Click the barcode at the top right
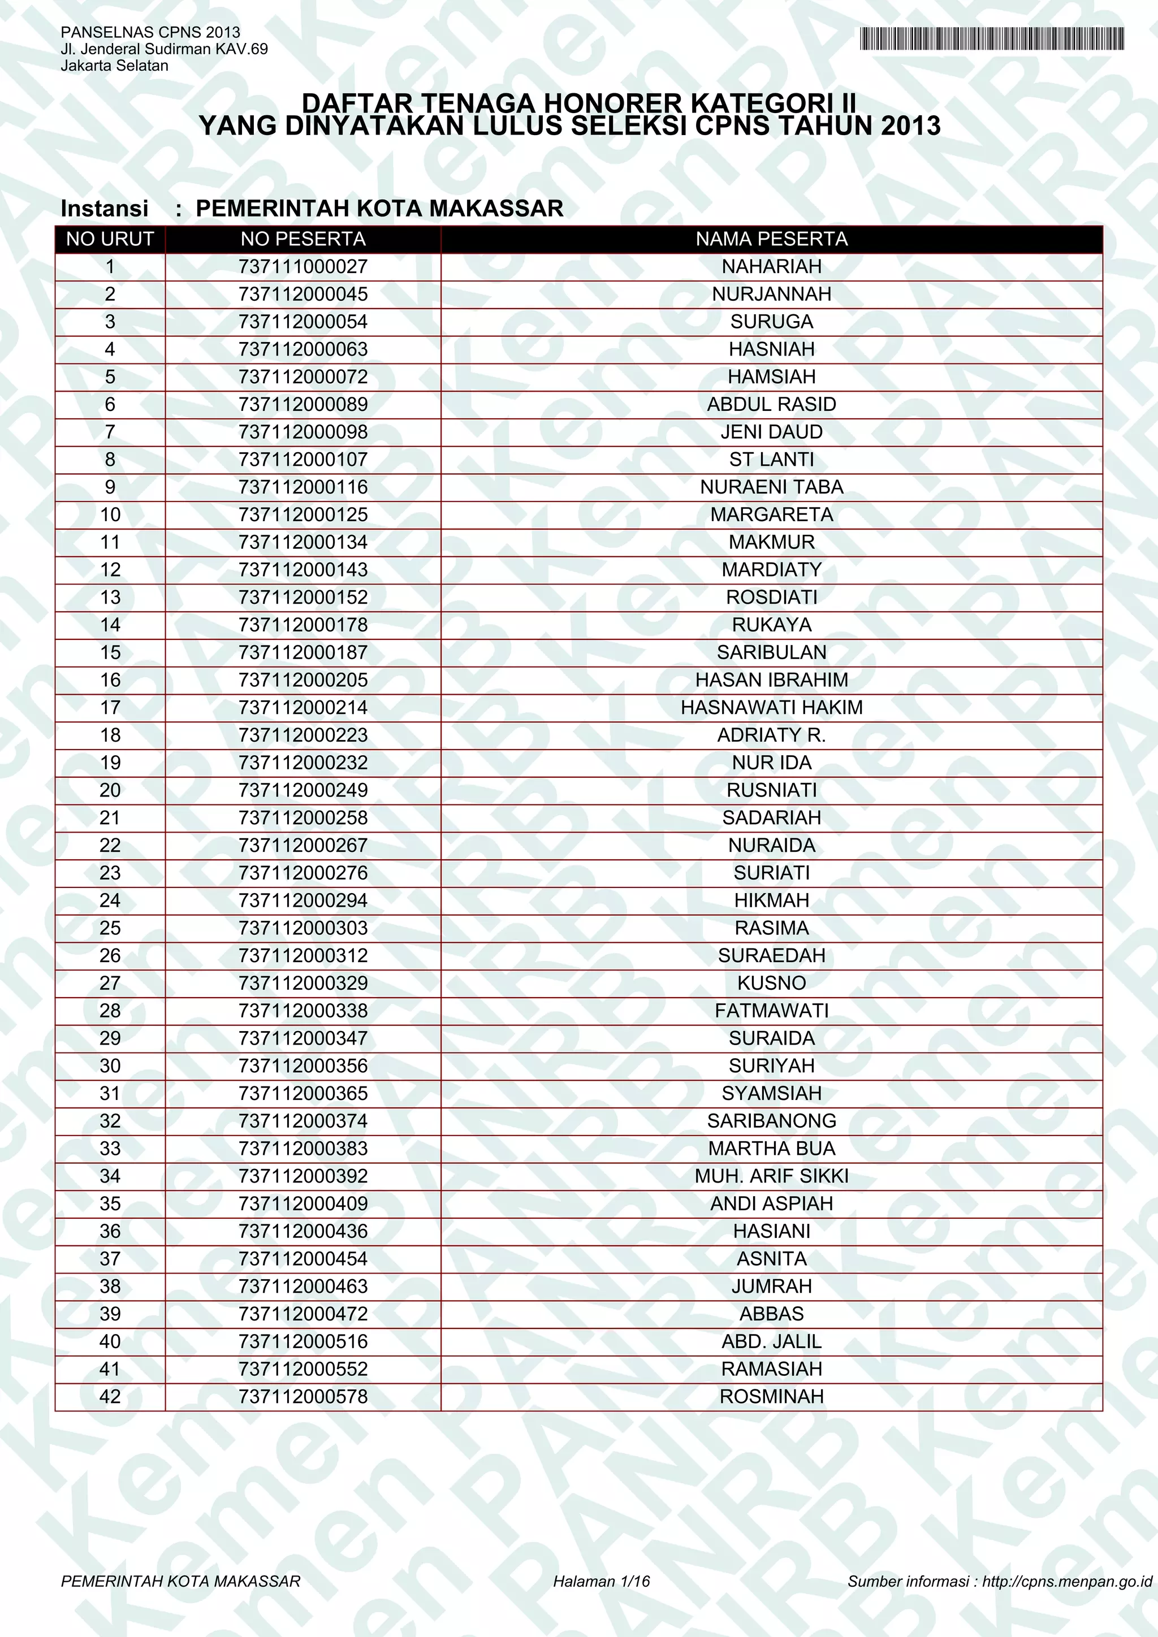[992, 38]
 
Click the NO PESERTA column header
[303, 240]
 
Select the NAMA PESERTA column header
[771, 240]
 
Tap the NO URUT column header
[110, 240]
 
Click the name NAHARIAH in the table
[771, 267]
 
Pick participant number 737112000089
[303, 404]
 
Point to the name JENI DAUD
[771, 432]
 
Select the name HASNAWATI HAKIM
[771, 707]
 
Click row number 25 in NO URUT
[110, 928]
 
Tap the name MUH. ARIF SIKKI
[771, 1176]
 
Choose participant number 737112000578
[303, 1397]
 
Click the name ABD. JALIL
[771, 1342]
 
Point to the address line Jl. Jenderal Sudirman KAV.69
[164, 49]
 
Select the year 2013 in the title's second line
[910, 126]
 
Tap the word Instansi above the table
[105, 208]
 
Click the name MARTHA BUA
[771, 1149]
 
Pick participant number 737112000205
[303, 680]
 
